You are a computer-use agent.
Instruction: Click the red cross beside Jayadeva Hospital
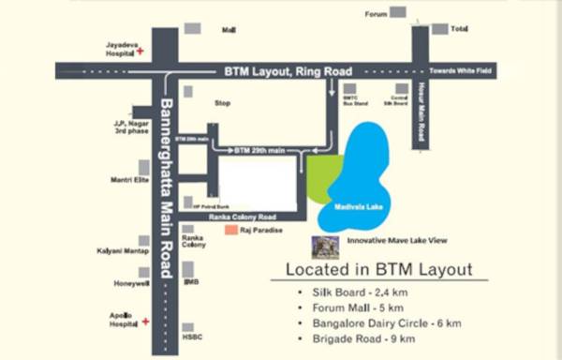(140, 52)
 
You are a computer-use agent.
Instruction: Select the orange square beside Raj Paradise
(230, 229)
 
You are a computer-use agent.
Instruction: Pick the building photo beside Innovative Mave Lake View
(325, 247)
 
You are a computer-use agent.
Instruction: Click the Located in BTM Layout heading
(378, 271)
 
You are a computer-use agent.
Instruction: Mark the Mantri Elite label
(129, 179)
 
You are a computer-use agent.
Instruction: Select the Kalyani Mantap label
(122, 250)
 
